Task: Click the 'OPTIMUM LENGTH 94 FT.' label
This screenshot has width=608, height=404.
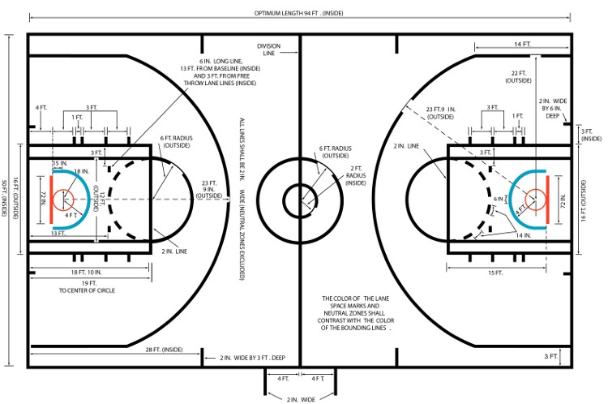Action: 299,13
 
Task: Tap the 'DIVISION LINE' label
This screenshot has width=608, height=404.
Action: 269,49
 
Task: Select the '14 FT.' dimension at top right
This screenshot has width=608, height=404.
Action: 522,44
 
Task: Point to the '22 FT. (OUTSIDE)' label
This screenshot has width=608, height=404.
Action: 519,78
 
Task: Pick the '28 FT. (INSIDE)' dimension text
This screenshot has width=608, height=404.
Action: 163,349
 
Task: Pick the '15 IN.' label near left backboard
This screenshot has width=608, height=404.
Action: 59,164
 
